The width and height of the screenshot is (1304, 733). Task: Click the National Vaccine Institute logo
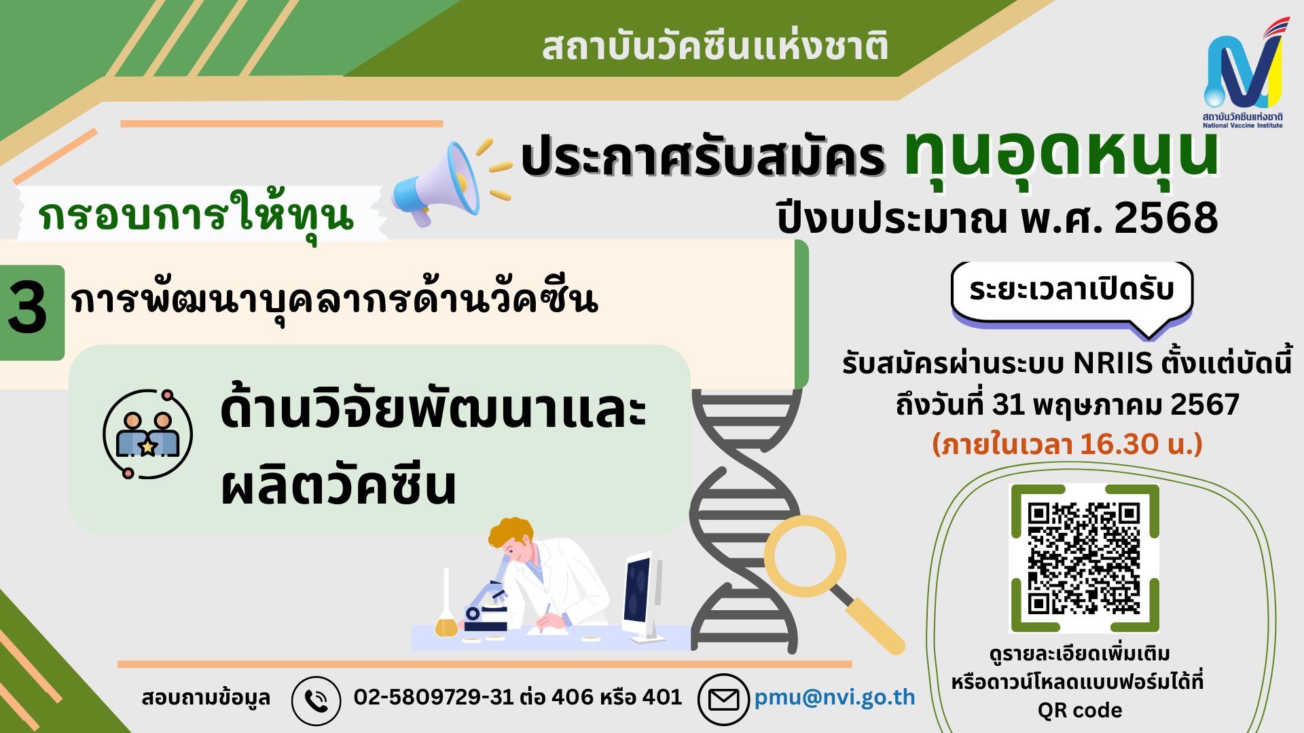[x=1243, y=75]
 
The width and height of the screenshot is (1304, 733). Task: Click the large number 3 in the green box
[x=29, y=309]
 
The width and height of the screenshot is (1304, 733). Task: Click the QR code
[x=1084, y=558]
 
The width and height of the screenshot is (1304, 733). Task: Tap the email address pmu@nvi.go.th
[x=835, y=697]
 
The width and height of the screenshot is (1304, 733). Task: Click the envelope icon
[x=723, y=699]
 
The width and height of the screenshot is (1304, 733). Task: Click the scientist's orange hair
[x=509, y=533]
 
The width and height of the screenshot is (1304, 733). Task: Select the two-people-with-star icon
[x=147, y=434]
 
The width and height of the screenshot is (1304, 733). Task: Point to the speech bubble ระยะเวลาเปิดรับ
[x=1072, y=290]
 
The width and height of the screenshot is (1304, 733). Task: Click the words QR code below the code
[x=1079, y=711]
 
